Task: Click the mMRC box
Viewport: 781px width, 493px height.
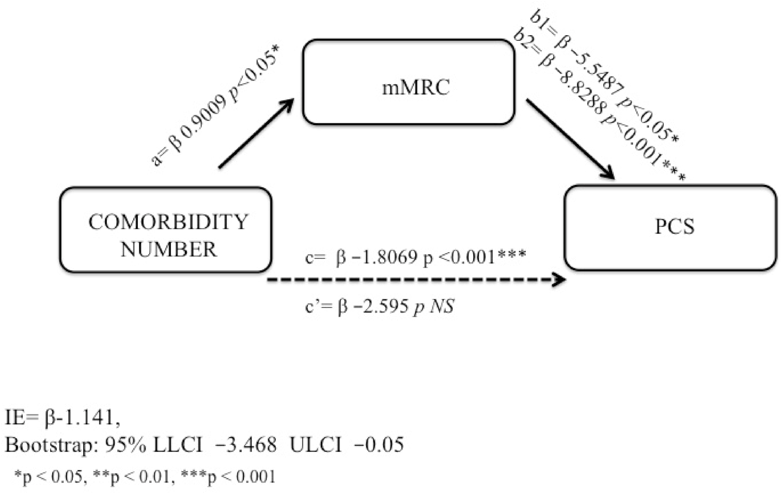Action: click(409, 82)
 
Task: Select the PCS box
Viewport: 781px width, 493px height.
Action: click(670, 227)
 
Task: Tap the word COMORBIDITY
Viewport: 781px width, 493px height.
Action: click(168, 222)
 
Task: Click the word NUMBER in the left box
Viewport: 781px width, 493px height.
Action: click(168, 250)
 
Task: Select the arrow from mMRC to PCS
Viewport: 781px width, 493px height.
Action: click(570, 138)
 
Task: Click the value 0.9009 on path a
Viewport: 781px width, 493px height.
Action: click(206, 121)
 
